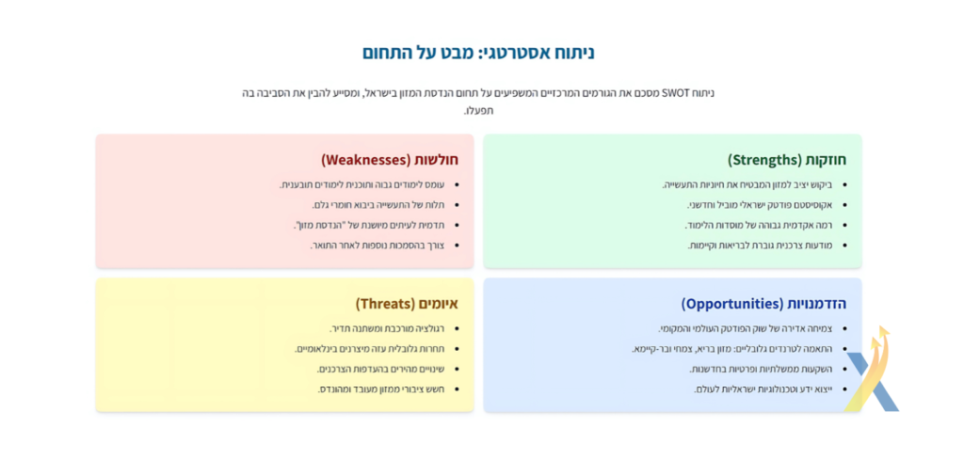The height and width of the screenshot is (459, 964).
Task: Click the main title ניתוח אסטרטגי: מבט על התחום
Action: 477,53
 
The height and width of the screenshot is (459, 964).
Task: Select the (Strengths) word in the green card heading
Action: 762,160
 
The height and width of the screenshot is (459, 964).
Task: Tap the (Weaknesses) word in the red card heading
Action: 365,160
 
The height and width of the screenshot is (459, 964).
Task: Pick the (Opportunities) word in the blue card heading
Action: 732,304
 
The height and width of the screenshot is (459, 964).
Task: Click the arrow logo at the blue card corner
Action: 871,369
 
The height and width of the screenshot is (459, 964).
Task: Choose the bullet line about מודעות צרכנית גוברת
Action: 760,245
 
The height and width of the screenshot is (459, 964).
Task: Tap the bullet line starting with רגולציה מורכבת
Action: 387,329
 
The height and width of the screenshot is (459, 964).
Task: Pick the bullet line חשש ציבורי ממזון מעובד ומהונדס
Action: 380,389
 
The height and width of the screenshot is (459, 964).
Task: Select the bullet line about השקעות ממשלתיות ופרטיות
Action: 761,370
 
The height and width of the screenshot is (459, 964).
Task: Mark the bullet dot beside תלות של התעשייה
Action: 458,205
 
